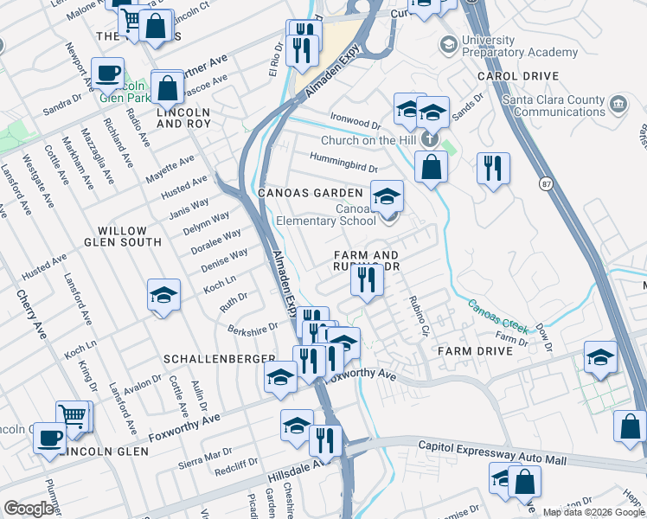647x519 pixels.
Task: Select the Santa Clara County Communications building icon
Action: [x=618, y=106]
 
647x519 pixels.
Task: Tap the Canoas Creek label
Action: [x=497, y=317]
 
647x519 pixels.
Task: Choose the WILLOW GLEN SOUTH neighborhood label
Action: [x=130, y=236]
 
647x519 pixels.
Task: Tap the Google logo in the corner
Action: [x=29, y=509]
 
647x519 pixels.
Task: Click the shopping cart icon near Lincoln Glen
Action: [x=73, y=416]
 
